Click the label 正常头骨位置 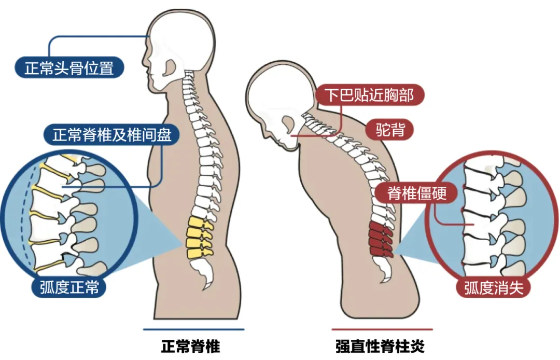pos(69,67)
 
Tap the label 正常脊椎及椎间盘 pos(112,135)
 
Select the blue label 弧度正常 pos(69,287)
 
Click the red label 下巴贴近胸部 pos(370,95)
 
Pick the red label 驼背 pos(390,130)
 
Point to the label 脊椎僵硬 pos(416,193)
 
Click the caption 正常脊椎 pos(191,346)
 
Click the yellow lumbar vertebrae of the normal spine pos(200,236)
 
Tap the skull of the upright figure pos(181,36)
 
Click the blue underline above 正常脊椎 pos(193,329)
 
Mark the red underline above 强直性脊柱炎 pos(382,329)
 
